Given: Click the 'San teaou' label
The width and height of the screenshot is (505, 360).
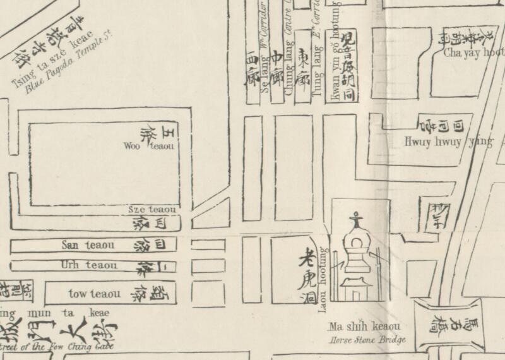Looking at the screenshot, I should point(88,245).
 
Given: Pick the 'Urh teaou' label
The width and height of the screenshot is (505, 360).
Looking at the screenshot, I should point(88,265).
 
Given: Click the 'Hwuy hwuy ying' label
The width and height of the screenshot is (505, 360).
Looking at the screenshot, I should point(448,142).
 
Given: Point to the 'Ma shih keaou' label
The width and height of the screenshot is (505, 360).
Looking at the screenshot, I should point(364,327).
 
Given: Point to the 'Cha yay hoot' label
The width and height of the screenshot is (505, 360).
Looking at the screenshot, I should point(473,53).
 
